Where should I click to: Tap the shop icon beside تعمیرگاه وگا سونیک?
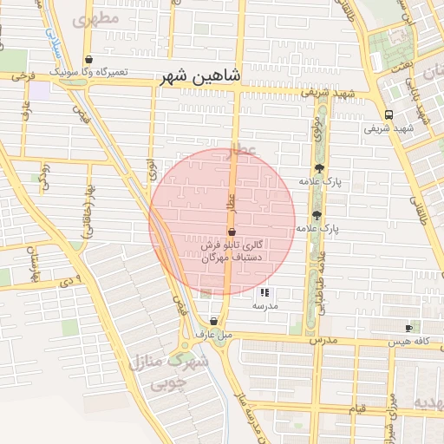(89, 60)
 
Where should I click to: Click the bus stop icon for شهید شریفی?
(388, 114)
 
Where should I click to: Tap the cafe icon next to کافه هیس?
(408, 328)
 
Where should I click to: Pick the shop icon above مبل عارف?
(213, 321)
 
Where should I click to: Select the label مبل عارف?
(213, 334)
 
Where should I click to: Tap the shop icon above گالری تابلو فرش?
(232, 232)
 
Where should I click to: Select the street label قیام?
(361, 407)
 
